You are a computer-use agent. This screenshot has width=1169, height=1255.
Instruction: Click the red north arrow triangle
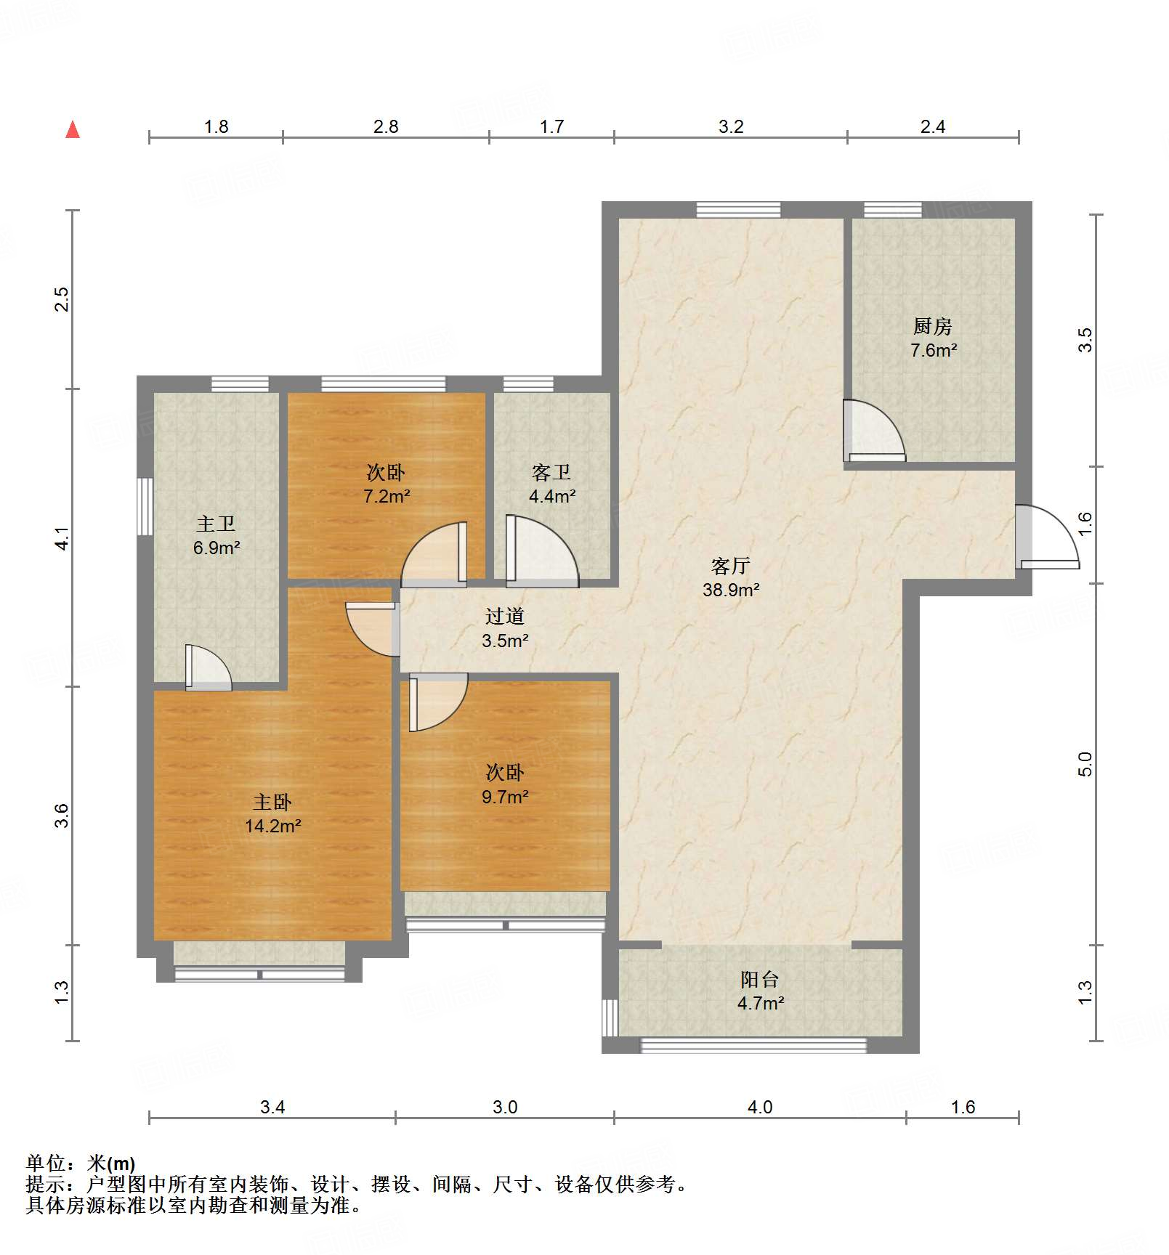(x=73, y=130)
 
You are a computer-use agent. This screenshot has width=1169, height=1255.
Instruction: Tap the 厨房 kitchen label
(x=933, y=326)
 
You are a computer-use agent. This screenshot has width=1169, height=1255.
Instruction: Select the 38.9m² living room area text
(x=731, y=590)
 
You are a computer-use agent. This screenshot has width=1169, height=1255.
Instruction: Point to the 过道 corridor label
(x=505, y=616)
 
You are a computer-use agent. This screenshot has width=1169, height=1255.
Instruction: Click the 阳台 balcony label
(x=760, y=979)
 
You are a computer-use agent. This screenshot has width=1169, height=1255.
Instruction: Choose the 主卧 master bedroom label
(x=272, y=802)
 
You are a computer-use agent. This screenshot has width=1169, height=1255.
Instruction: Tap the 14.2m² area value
(x=273, y=826)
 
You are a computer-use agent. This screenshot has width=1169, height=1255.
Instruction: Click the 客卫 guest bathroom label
(x=551, y=472)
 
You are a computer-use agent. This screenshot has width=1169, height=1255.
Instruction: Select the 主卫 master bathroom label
(x=216, y=524)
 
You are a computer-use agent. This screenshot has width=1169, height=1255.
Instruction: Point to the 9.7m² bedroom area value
(x=505, y=797)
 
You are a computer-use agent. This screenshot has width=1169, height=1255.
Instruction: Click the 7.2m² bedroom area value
(x=387, y=496)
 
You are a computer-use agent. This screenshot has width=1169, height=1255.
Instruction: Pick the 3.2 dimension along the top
(x=731, y=126)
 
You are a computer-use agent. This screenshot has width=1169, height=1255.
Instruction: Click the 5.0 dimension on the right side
(x=1085, y=764)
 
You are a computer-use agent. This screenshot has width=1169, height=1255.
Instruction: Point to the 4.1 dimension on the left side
(x=62, y=538)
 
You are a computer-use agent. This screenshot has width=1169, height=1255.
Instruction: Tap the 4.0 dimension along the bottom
(x=760, y=1107)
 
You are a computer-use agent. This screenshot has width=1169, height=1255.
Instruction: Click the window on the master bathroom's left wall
(x=145, y=506)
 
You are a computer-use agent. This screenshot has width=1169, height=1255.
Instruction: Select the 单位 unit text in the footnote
(x=46, y=1163)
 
